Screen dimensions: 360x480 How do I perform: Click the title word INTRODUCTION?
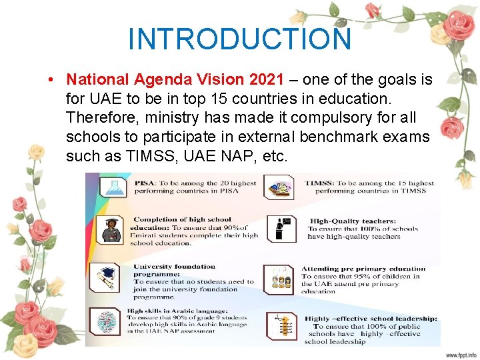(x=239, y=39)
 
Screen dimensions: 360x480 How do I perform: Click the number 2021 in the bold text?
(x=266, y=80)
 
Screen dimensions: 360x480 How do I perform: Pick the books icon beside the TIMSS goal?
(x=280, y=187)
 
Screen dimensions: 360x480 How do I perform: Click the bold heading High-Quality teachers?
(x=353, y=221)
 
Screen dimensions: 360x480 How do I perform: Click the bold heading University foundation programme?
(x=175, y=270)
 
